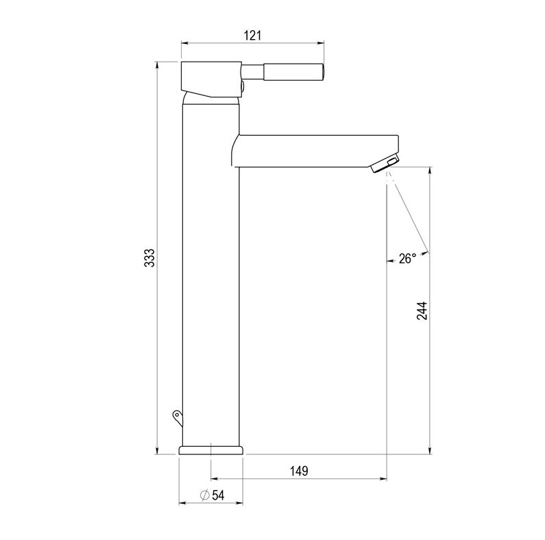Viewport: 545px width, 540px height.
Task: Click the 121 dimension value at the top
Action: pyautogui.click(x=252, y=35)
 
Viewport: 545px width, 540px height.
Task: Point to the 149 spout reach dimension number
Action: pyautogui.click(x=298, y=471)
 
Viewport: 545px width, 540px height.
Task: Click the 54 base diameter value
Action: pyautogui.click(x=218, y=495)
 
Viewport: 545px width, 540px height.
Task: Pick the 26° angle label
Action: pyautogui.click(x=407, y=258)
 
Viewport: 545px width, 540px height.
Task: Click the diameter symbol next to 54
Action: pyautogui.click(x=204, y=495)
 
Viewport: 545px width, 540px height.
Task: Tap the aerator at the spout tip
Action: pyautogui.click(x=385, y=164)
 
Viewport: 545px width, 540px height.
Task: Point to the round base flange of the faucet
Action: pyautogui.click(x=211, y=450)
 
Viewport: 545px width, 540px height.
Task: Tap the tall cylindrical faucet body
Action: pyautogui.click(x=210, y=274)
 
